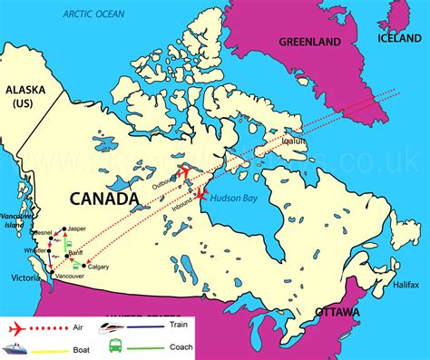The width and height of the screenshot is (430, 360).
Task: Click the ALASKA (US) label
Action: click(24, 98)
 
